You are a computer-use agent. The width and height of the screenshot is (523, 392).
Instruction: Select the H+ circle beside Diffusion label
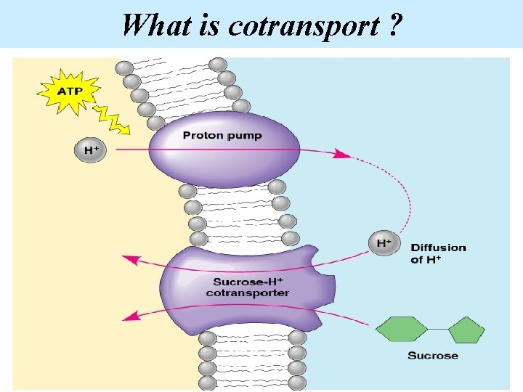pos(384,243)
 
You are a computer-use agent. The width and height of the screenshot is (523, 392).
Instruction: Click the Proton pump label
pos(222,136)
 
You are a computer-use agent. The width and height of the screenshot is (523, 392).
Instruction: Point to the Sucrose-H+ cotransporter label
pos(247,287)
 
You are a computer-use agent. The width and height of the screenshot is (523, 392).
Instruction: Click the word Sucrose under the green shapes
pos(433,356)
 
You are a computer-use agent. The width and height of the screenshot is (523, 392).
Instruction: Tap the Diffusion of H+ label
pos(439,253)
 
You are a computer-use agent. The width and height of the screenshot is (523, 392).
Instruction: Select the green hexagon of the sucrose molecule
pos(401,330)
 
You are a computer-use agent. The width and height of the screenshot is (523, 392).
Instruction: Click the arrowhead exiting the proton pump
pos(339,153)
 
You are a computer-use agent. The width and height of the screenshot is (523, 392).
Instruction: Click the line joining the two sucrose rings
pos(437,330)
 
